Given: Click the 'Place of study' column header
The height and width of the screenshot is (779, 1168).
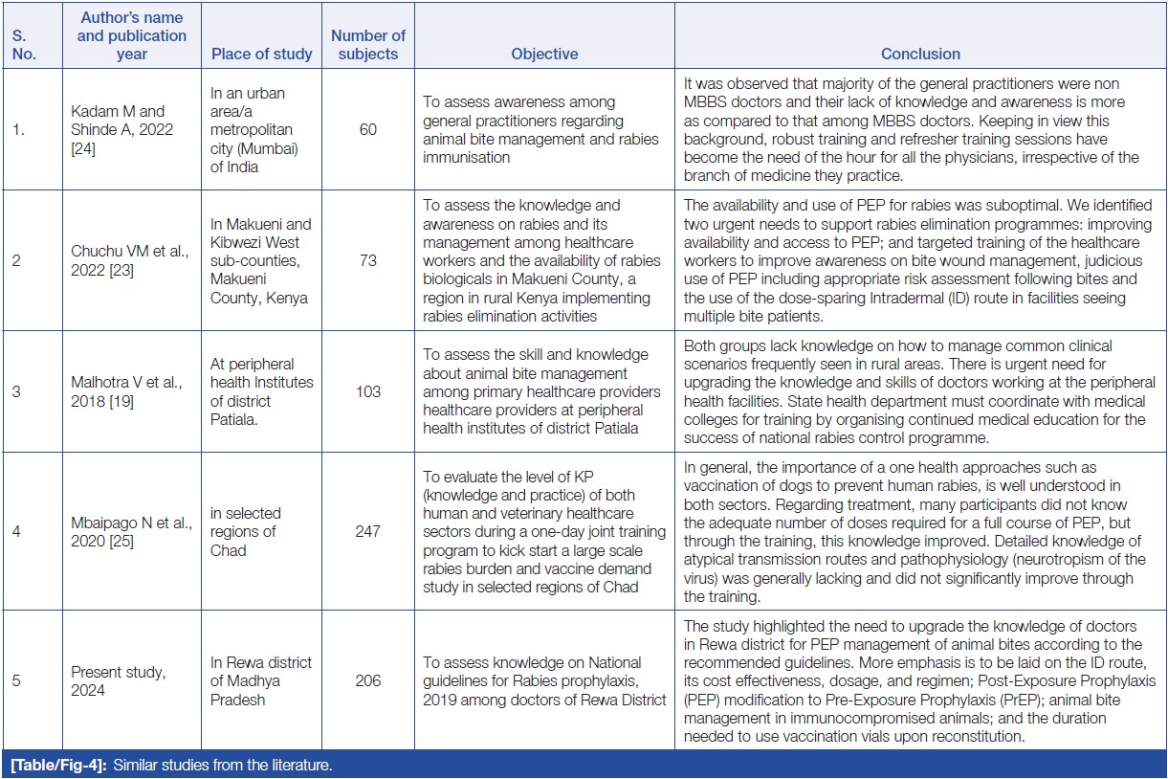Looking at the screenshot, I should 262,54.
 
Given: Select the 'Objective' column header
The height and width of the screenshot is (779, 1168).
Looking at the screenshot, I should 544,54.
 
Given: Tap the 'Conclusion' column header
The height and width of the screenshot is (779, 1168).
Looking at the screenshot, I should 920,54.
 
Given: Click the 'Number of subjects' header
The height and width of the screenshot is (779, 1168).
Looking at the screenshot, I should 368,44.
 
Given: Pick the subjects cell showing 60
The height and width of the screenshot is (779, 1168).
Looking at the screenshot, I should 368,129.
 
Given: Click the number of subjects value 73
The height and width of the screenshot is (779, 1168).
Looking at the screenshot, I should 368,260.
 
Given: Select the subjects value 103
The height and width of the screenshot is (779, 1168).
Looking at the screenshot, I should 368,391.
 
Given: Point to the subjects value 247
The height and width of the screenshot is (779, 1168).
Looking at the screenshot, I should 368,531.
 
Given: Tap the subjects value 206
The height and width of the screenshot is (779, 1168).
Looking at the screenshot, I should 368,680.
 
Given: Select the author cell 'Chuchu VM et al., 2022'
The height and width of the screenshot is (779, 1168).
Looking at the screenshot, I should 121,260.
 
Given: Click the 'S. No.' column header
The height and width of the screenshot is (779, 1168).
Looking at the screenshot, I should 24,44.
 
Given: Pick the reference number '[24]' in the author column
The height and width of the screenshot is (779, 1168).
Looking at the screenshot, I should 84,147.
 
